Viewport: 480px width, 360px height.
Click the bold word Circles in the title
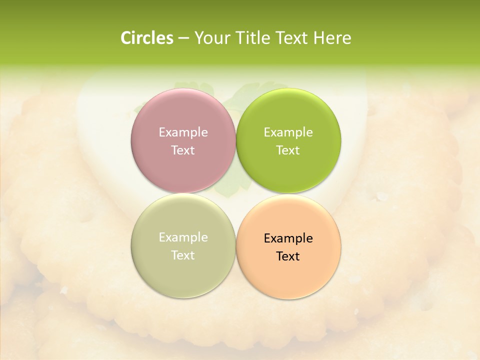tap(146, 38)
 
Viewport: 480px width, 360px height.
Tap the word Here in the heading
tap(332, 38)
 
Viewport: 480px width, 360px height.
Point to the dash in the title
tap(183, 38)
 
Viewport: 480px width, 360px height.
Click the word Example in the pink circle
tap(183, 132)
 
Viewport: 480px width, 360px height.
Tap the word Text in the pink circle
tap(183, 150)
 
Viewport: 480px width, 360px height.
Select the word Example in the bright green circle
tap(288, 132)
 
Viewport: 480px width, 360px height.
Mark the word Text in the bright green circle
tap(288, 150)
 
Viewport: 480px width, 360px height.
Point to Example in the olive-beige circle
tap(183, 237)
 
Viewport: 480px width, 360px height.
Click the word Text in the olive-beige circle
tap(183, 255)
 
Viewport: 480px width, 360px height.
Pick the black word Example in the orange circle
tap(288, 238)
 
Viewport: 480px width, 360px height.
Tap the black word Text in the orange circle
tap(288, 256)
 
